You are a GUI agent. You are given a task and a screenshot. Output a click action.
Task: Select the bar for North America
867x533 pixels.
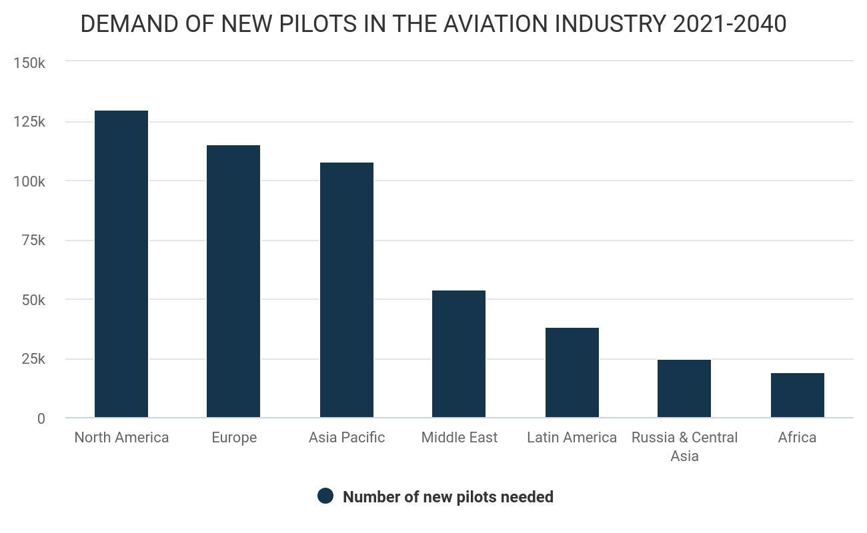(121, 264)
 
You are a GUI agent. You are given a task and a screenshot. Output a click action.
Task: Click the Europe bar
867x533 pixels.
(233, 281)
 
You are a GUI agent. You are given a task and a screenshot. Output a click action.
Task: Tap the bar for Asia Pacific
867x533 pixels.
(347, 290)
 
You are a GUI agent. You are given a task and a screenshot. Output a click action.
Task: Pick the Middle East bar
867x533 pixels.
(459, 354)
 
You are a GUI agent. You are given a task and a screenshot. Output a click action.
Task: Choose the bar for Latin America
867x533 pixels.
(572, 372)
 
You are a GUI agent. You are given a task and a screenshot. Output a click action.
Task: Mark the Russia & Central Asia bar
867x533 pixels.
(684, 388)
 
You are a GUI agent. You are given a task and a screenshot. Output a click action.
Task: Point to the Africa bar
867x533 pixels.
(798, 395)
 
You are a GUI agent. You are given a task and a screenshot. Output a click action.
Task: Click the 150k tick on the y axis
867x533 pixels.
(29, 63)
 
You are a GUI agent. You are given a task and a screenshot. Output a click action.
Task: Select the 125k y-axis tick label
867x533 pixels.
(29, 122)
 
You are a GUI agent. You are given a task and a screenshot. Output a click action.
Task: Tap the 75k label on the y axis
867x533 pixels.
(33, 241)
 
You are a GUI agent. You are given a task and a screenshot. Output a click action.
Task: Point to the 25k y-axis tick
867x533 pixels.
(33, 359)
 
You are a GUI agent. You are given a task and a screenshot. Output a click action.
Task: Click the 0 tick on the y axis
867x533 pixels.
(41, 418)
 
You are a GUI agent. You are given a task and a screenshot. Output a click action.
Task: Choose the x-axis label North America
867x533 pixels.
(121, 438)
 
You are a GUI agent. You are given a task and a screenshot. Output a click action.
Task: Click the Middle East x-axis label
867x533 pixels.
(460, 438)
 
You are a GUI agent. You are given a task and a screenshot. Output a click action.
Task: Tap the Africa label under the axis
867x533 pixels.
(797, 438)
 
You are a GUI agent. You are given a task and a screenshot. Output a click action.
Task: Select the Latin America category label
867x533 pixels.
(572, 438)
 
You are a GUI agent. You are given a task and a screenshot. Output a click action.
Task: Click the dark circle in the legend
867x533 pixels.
(325, 496)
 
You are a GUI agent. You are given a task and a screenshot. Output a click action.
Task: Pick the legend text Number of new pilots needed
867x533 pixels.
(448, 497)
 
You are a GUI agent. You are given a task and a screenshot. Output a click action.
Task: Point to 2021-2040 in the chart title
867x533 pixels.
(730, 24)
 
